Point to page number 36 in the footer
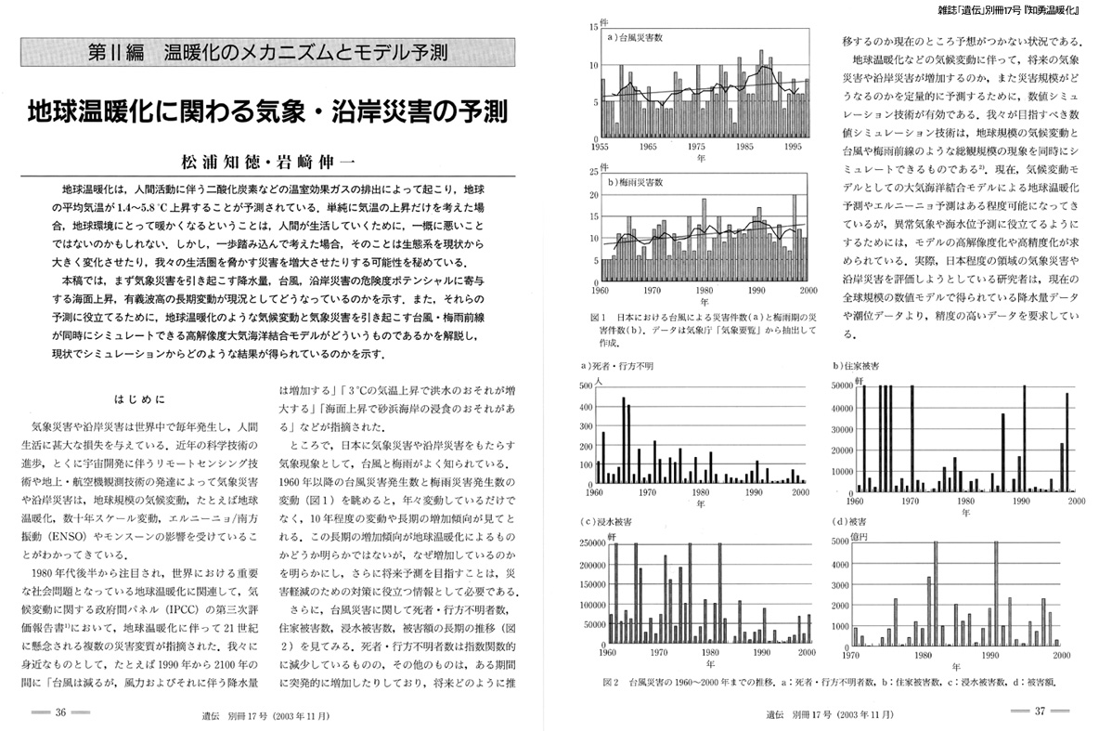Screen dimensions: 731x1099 [x=60, y=713]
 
